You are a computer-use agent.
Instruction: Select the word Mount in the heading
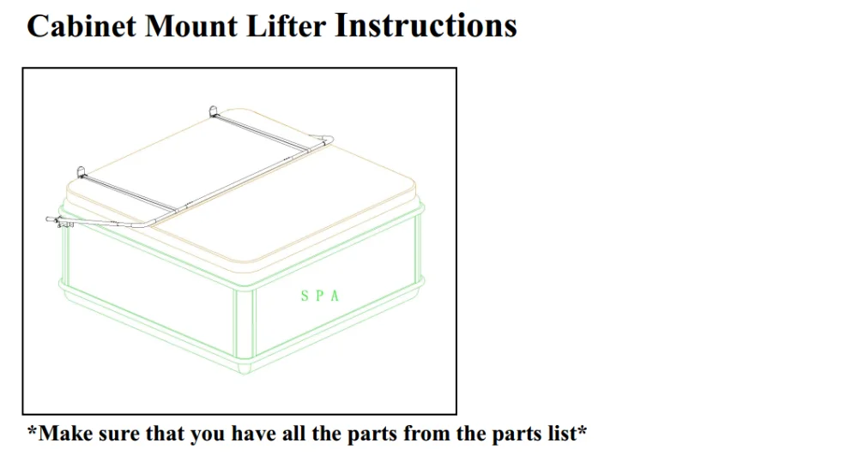point(194,26)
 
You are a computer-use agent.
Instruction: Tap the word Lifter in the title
point(287,26)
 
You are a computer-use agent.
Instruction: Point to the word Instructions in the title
point(426,26)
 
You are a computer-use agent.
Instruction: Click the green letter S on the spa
point(305,296)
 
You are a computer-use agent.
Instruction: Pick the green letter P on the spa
point(320,296)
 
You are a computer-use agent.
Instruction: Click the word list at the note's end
point(564,434)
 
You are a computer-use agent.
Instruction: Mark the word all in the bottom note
point(293,434)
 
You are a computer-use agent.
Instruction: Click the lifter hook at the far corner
point(214,111)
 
